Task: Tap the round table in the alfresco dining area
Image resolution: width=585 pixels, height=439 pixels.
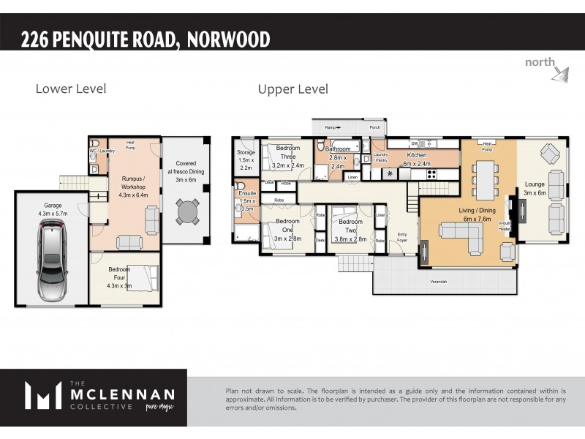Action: [x=188, y=212]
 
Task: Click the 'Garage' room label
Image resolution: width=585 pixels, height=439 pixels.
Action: [x=52, y=206]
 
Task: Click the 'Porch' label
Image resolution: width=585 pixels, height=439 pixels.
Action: [x=374, y=126]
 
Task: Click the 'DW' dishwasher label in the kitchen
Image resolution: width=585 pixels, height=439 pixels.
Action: [x=414, y=143]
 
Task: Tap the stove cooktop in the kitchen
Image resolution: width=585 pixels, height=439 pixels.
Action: [x=431, y=173]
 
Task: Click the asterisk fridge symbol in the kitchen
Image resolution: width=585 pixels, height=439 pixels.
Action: [x=390, y=174]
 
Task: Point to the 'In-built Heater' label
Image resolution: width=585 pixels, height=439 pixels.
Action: [x=505, y=225]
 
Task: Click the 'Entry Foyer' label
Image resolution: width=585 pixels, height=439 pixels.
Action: [x=401, y=237]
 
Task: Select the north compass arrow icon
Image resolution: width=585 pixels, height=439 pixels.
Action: [x=560, y=72]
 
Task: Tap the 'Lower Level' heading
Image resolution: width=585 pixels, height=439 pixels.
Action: [x=71, y=89]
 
